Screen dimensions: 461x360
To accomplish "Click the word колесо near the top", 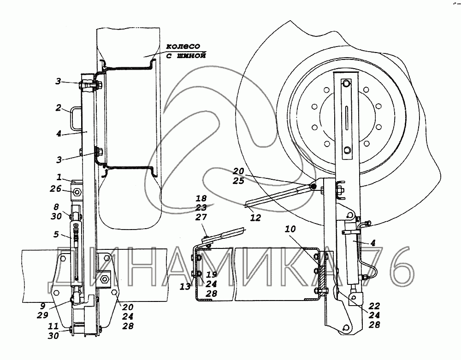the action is tap(183, 46).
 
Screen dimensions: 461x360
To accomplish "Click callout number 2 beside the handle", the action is tap(59, 107).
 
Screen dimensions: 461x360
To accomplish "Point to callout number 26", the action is tap(56, 189).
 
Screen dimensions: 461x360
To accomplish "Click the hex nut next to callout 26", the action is tap(77, 192).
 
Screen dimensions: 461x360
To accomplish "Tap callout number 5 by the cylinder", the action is tap(56, 234).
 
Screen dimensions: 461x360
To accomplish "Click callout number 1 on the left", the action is tap(59, 177).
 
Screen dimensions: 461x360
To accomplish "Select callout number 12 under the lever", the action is tap(255, 218).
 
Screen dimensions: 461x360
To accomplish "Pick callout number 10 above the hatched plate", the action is tap(290, 229).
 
